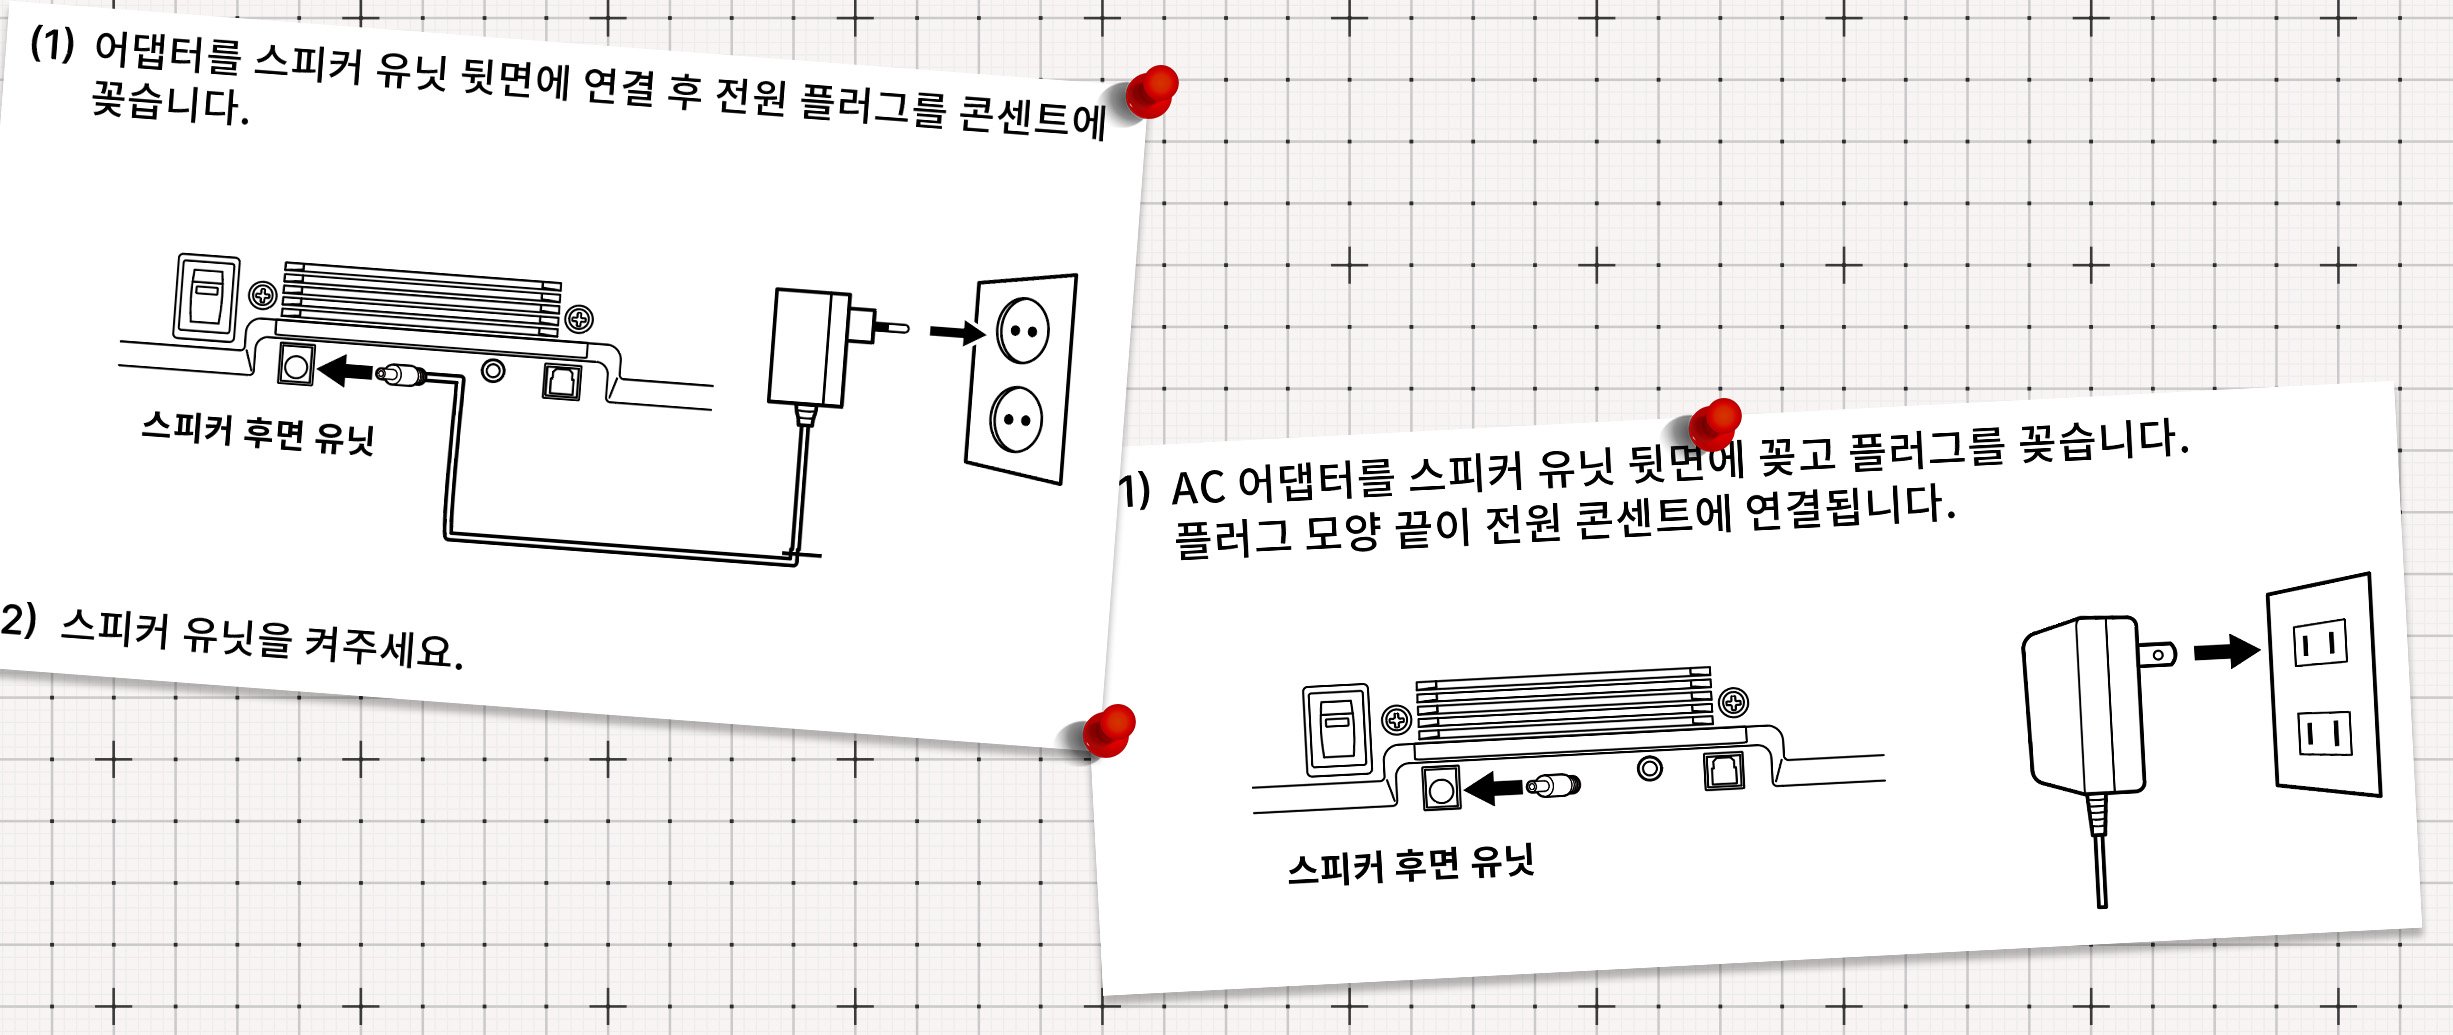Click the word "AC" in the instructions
coord(1197,488)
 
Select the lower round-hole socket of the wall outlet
coord(1016,419)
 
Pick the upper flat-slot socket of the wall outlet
coord(2320,643)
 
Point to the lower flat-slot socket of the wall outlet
coord(2323,734)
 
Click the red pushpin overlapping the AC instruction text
coord(1716,422)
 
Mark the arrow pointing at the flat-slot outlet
coord(2226,651)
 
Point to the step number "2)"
coord(18,620)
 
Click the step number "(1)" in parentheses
coord(52,44)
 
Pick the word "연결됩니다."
coord(1850,507)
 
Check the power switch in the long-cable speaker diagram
coord(207,297)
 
